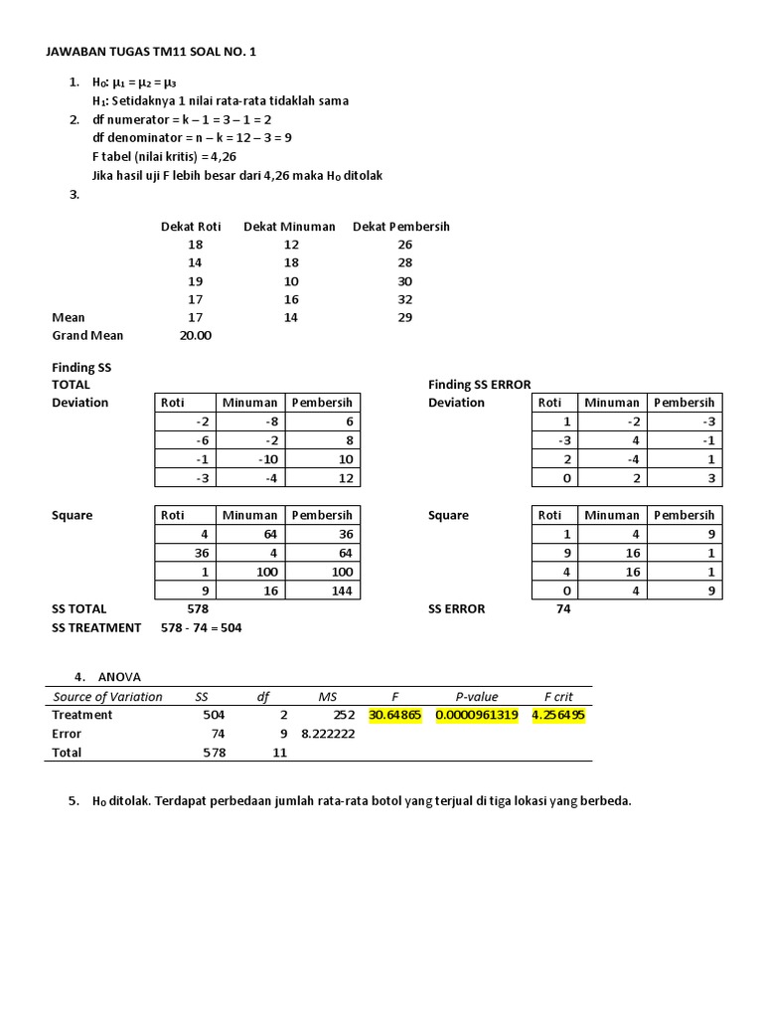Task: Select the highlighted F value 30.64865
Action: [x=393, y=715]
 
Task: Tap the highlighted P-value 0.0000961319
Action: [x=476, y=715]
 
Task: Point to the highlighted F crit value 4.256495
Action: [x=558, y=715]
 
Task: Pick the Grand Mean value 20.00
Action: [x=195, y=336]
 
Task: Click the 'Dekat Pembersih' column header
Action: [x=400, y=227]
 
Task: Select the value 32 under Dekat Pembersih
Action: [x=404, y=299]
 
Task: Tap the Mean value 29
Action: [x=404, y=318]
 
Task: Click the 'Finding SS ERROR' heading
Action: [x=479, y=384]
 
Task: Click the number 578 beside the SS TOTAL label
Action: [x=198, y=608]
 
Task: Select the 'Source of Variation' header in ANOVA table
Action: [x=107, y=697]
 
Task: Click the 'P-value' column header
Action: [x=477, y=697]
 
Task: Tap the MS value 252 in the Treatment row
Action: [x=344, y=715]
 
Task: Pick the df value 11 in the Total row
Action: [x=279, y=753]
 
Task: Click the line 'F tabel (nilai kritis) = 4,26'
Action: [x=164, y=157]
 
